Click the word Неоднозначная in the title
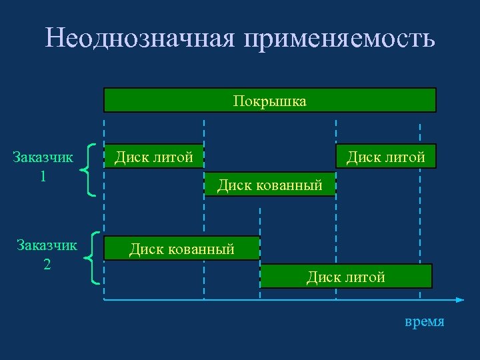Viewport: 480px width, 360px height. click(140, 38)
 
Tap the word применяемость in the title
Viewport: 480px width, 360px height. click(339, 39)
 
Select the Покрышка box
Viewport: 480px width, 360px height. click(269, 101)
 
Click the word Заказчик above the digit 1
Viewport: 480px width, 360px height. click(43, 157)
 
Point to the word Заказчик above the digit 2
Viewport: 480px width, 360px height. click(47, 245)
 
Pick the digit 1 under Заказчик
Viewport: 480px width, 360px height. click(43, 176)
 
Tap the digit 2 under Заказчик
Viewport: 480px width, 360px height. click(47, 264)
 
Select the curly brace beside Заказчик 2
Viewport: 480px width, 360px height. click(94, 258)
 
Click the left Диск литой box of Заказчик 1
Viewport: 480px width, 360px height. click(154, 157)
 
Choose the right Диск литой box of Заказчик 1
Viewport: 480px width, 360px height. click(385, 157)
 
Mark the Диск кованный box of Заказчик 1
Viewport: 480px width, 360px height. click(269, 185)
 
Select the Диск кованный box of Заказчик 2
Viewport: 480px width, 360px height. click(181, 249)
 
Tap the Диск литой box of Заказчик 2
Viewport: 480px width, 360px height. click(345, 276)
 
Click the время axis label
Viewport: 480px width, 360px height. click(424, 321)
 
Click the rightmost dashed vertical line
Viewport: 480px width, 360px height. click(419, 213)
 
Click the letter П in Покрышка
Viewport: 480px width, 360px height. click(238, 101)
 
